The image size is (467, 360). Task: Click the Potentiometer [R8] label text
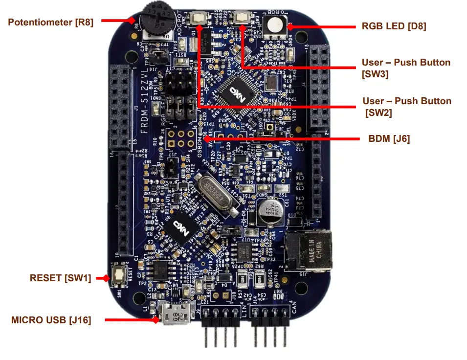pyautogui.click(x=51, y=22)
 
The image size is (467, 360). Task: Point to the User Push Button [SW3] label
pyautogui.click(x=405, y=68)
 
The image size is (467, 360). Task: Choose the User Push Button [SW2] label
pyautogui.click(x=406, y=107)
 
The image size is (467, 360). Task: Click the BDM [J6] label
pyautogui.click(x=389, y=139)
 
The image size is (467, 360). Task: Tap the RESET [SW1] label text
pyautogui.click(x=60, y=278)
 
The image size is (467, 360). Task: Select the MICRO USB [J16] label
pyautogui.click(x=51, y=320)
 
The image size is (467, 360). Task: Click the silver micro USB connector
pyautogui.click(x=176, y=313)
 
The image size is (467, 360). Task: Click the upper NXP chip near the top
pyautogui.click(x=234, y=90)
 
